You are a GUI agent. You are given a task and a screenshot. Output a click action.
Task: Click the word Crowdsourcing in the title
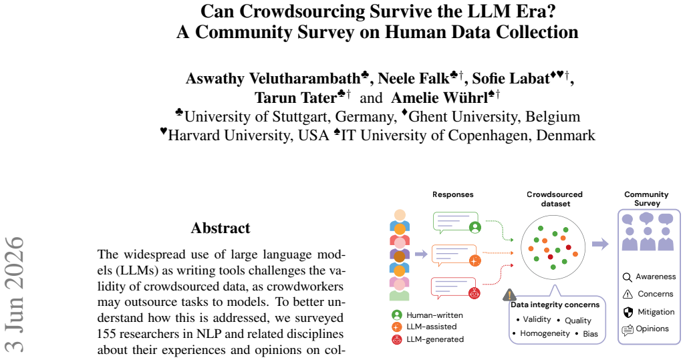coord(301,11)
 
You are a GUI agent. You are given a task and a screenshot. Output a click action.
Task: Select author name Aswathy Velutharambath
coord(273,79)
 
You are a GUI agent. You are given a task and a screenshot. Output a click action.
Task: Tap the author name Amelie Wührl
coord(439,98)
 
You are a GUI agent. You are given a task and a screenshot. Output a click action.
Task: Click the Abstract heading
coord(221,228)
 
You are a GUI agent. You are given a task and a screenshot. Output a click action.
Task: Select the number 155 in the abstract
coord(106,334)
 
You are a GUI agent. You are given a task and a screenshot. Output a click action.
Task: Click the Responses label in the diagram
coord(453,194)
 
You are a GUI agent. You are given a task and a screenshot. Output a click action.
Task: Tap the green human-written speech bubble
coord(456,222)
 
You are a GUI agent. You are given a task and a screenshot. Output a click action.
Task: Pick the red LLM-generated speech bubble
coord(454,288)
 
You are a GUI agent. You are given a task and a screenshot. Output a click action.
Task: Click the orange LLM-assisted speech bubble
coord(454,256)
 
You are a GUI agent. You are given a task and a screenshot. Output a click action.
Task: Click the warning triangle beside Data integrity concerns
coord(509,295)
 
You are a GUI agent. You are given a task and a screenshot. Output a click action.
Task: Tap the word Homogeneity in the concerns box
coord(545,333)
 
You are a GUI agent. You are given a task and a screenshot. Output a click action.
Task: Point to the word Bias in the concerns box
coord(590,334)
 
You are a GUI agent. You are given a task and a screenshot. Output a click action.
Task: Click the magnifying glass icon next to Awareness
coord(628,278)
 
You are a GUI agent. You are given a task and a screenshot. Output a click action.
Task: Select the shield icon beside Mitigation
coord(628,313)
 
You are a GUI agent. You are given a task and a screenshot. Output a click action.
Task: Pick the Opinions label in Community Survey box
coord(652,329)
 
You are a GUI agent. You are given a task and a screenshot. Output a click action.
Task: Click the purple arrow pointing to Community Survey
coord(600,244)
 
